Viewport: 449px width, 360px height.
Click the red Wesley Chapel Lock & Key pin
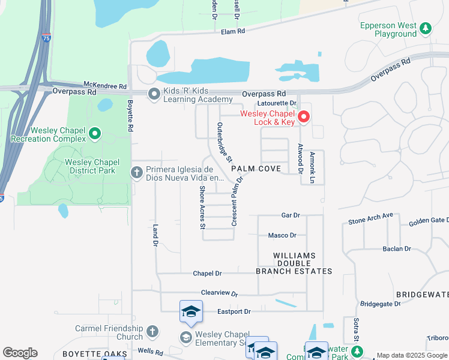point(304,116)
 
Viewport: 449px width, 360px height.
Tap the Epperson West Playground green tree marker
point(426,28)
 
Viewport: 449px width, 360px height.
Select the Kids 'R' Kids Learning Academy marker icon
point(154,94)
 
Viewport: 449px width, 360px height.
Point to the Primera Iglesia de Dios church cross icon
point(137,173)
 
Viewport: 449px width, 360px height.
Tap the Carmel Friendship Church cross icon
point(152,331)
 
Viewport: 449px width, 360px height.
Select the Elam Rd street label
point(234,31)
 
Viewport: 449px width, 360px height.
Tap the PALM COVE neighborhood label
point(256,169)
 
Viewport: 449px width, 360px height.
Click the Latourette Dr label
point(277,103)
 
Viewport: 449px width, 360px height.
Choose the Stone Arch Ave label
point(370,218)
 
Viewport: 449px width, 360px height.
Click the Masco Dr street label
point(282,235)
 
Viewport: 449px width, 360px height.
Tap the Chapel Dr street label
point(207,273)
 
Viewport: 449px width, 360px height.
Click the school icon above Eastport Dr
point(190,311)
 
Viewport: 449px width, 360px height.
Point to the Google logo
point(20,353)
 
